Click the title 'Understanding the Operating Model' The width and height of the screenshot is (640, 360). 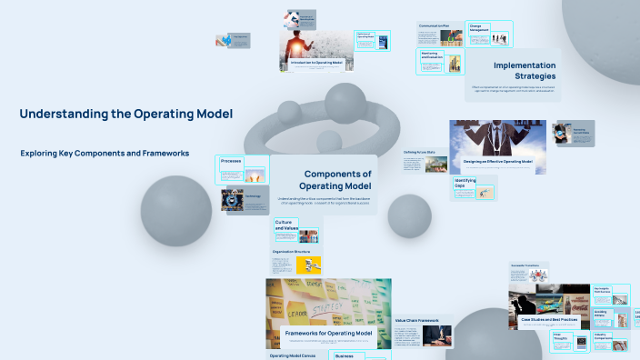(x=125, y=114)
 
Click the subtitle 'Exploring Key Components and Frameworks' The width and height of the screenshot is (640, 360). (x=105, y=154)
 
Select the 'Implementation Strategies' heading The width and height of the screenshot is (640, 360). (x=525, y=70)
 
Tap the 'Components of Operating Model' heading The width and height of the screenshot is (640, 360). (x=337, y=180)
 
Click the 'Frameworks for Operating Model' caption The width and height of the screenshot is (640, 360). (x=328, y=334)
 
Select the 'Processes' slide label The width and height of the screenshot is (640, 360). (x=231, y=161)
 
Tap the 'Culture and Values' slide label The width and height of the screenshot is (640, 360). (x=286, y=225)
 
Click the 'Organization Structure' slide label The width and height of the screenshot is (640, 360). (x=291, y=251)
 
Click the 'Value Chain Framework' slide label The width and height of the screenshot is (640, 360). (x=416, y=320)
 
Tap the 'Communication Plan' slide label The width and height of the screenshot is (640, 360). (x=435, y=25)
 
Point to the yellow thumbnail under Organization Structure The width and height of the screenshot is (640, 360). (x=309, y=265)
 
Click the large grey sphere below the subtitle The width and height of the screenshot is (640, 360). (x=176, y=211)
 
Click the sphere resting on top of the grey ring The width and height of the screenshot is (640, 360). (x=345, y=105)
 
